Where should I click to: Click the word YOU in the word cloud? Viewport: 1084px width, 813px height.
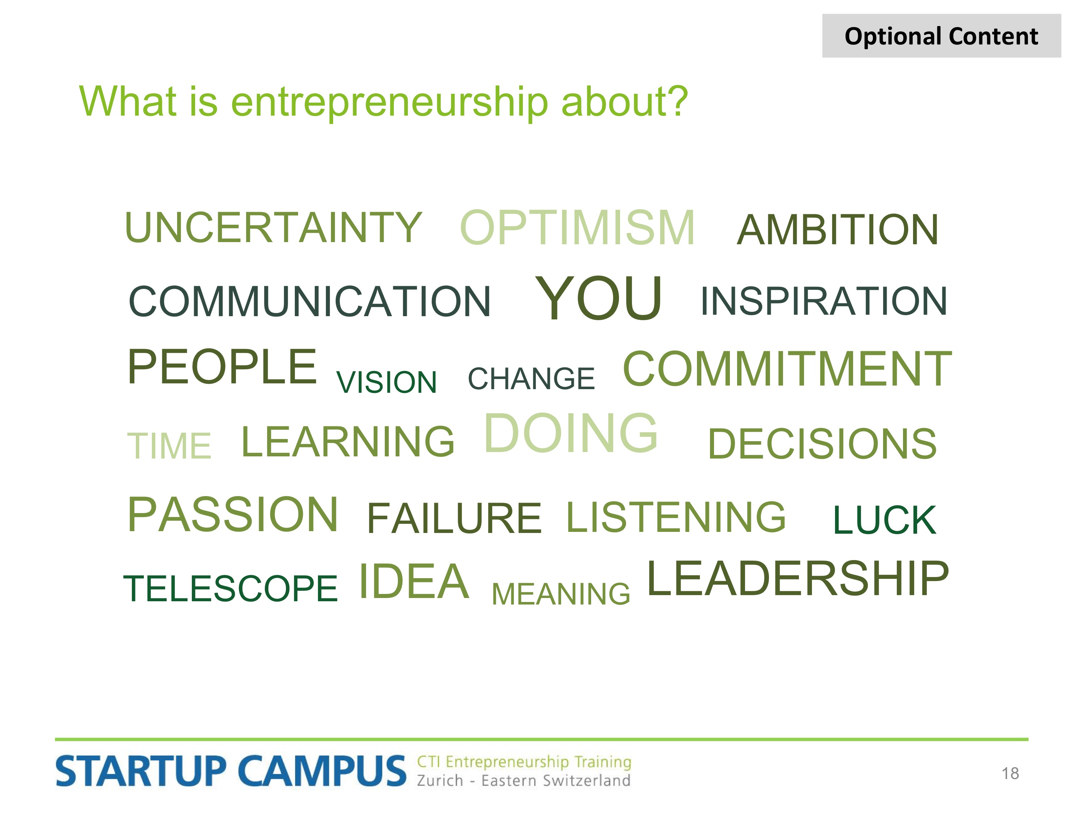tap(598, 298)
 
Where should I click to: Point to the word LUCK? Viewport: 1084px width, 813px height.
tap(885, 520)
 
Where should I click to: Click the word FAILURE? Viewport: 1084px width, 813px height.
tap(454, 519)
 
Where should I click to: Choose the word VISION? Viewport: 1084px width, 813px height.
tap(386, 382)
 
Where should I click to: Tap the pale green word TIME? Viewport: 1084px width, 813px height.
tap(169, 446)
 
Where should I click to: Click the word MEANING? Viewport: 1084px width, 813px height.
tap(561, 594)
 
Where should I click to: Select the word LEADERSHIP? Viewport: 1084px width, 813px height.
tap(798, 579)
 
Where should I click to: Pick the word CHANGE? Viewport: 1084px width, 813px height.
tap(531, 379)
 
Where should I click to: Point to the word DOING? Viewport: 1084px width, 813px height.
tap(571, 433)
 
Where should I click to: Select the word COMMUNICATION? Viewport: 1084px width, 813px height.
tap(309, 301)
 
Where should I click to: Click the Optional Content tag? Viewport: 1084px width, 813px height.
tap(941, 36)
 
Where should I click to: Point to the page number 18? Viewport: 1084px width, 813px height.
tap(1010, 774)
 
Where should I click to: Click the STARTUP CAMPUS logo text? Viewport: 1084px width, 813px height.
tap(231, 771)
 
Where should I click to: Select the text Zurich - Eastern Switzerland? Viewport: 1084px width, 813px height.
tap(523, 780)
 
